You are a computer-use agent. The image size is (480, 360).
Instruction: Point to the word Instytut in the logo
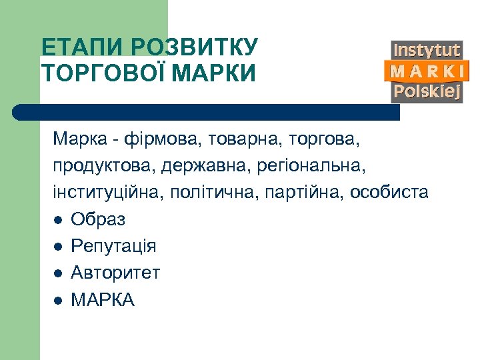coord(427,50)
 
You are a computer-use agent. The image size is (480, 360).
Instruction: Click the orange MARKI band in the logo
coord(427,71)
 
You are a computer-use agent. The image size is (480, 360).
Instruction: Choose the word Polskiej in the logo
coord(427,91)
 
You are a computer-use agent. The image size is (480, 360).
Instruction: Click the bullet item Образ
coord(98,219)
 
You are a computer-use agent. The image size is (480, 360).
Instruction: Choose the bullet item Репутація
coord(113,246)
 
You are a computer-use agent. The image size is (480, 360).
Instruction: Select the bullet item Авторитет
coord(115,273)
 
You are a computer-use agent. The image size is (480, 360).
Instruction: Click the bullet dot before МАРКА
coord(59,301)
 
